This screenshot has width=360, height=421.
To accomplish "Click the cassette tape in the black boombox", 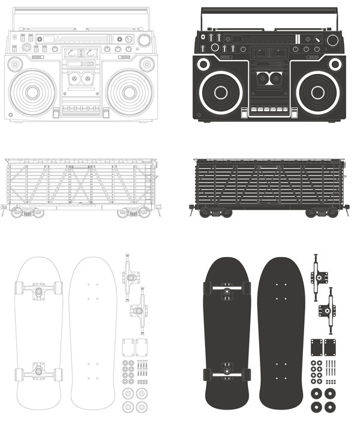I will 268,77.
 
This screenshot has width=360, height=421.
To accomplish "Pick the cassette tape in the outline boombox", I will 80,77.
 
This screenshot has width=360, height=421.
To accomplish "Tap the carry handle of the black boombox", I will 268,11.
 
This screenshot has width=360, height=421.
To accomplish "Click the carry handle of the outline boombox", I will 80,11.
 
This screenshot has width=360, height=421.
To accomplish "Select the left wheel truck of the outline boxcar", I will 26,211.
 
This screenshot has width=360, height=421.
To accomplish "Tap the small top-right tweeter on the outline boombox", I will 146,64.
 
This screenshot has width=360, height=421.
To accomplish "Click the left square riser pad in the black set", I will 317,347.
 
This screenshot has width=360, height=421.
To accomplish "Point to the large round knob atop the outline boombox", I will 144,40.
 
